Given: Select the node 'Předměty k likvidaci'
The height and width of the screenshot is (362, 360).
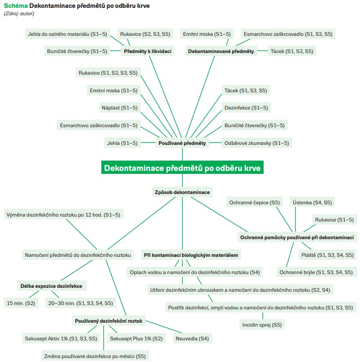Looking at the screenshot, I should click(x=148, y=51).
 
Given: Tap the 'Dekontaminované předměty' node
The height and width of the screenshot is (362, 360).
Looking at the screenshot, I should click(x=221, y=51).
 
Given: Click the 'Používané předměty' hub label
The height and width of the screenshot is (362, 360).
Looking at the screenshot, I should click(x=182, y=143).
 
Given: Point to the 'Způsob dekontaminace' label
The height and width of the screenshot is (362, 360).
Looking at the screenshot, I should click(x=182, y=192).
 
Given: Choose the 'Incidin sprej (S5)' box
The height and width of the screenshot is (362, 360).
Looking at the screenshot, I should click(x=262, y=325).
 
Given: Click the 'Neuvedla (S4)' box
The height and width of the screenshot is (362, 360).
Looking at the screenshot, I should click(x=192, y=338).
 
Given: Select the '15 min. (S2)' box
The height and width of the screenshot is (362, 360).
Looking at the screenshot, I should click(x=20, y=303).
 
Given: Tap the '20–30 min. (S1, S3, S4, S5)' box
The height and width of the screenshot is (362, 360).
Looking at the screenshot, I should click(x=81, y=303).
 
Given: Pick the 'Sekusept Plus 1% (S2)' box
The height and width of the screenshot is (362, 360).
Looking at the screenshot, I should click(x=136, y=338).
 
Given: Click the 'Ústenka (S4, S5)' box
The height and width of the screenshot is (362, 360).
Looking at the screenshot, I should click(x=312, y=202).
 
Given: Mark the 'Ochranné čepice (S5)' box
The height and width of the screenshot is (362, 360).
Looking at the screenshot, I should click(x=254, y=202).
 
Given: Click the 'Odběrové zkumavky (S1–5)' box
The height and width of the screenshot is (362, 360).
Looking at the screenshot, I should click(x=257, y=143).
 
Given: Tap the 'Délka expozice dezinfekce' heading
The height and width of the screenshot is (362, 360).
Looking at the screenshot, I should click(x=51, y=285).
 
